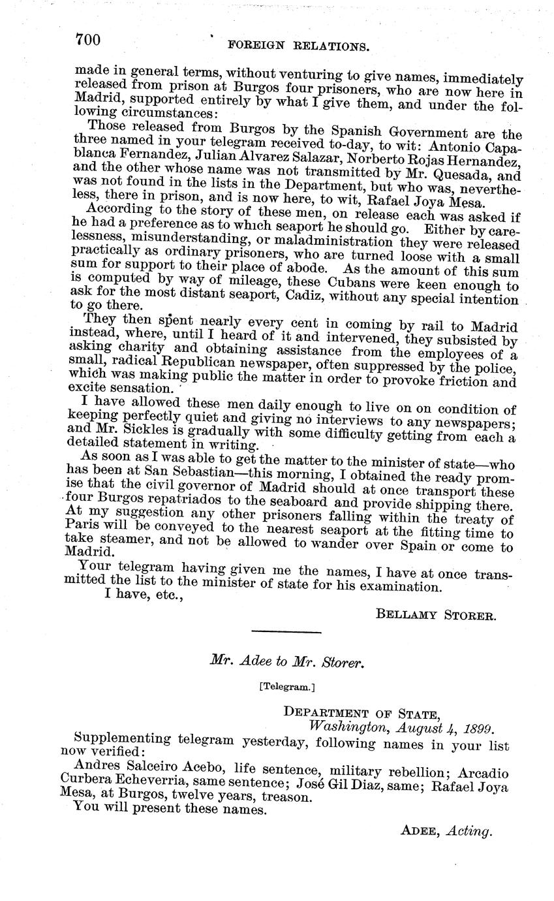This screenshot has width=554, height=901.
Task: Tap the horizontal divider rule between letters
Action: click(286, 631)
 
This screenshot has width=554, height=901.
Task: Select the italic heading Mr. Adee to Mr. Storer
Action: click(286, 661)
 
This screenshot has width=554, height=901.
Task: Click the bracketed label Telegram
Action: click(286, 686)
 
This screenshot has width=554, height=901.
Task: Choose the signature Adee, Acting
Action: click(446, 830)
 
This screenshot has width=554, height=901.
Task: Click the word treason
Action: click(282, 797)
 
